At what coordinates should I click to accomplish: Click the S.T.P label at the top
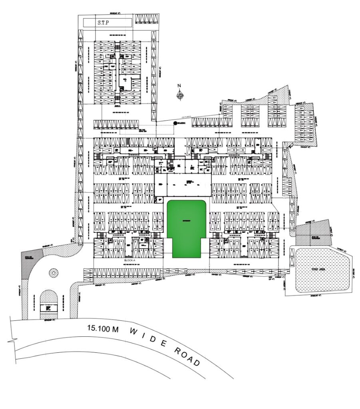click(x=103, y=23)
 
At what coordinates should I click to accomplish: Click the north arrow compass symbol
click(x=180, y=95)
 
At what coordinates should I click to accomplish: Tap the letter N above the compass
click(x=180, y=85)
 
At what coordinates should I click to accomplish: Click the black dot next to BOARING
click(x=175, y=123)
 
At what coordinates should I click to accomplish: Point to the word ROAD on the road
click(x=186, y=355)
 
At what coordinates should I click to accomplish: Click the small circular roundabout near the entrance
click(x=53, y=273)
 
